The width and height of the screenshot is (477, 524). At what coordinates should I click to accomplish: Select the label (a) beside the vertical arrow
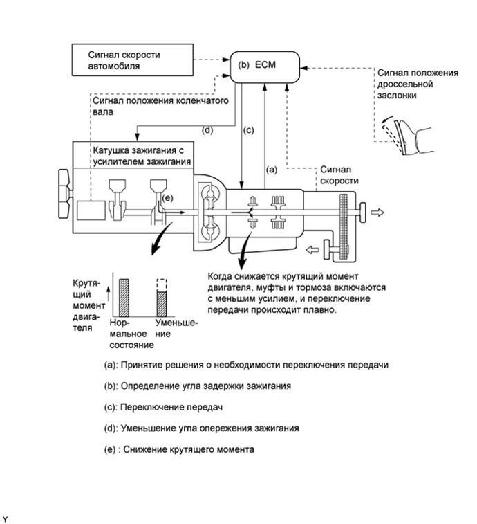(272, 168)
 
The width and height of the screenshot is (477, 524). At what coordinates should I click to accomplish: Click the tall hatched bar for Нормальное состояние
(125, 297)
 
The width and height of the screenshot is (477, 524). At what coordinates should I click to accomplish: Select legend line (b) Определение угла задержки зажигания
(205, 385)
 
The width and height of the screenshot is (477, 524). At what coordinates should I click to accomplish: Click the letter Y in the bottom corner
(6, 516)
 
